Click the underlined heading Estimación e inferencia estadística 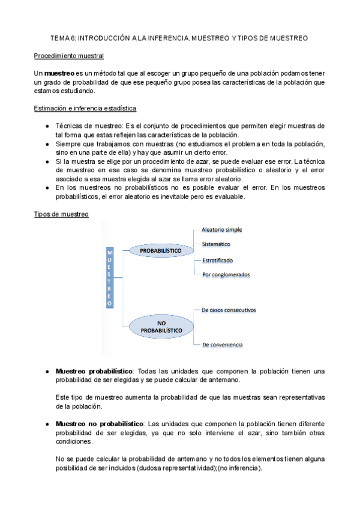pyautogui.click(x=85, y=109)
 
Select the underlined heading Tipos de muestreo pyautogui.click(x=61, y=214)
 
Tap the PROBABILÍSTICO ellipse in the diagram pyautogui.click(x=160, y=249)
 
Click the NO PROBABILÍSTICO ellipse pyautogui.click(x=161, y=327)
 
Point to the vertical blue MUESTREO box pyautogui.click(x=109, y=278)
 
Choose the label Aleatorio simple pyautogui.click(x=222, y=229)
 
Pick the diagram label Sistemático pyautogui.click(x=216, y=244)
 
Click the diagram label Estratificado pyautogui.click(x=217, y=261)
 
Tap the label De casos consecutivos pyautogui.click(x=229, y=310)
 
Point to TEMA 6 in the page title pyautogui.click(x=63, y=38)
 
